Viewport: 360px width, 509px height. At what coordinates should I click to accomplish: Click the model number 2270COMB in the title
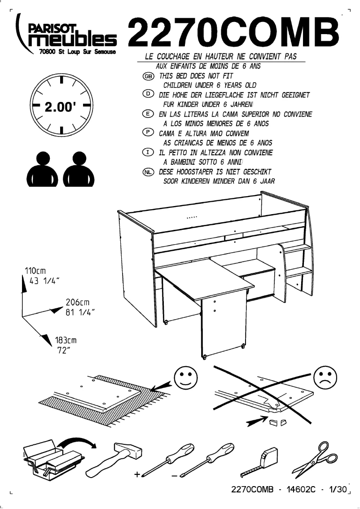pos(233,32)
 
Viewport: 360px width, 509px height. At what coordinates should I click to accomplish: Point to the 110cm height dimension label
pos(35,271)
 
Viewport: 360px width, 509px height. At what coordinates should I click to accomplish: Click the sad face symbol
pos(326,377)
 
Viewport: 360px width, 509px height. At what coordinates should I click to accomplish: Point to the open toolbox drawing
pos(52,456)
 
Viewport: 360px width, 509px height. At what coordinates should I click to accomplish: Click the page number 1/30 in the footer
pos(337,490)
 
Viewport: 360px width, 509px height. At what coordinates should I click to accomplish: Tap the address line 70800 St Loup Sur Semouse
pos(78,52)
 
